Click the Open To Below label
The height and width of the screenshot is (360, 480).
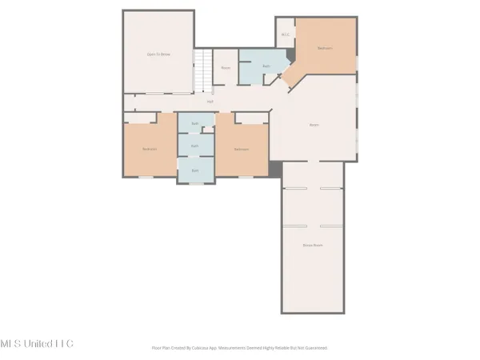tap(158, 54)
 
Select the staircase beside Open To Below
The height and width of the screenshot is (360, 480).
tap(204, 70)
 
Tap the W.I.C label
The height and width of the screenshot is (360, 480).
tap(285, 34)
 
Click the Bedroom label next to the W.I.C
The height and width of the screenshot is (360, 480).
tap(324, 48)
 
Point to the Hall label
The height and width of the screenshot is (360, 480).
tap(210, 102)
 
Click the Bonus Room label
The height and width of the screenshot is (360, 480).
tap(313, 245)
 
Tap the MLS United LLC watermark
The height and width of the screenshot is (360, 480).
tap(37, 343)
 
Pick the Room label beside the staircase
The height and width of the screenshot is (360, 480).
tap(226, 68)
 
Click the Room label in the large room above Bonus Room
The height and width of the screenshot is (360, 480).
tap(314, 124)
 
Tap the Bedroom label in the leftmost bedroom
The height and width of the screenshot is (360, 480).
tap(149, 150)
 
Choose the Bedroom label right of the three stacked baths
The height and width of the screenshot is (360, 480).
tap(241, 150)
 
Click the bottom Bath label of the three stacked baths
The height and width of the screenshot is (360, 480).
tap(194, 170)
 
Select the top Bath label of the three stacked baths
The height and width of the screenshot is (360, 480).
tap(194, 123)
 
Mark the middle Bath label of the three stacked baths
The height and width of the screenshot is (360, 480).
tap(194, 146)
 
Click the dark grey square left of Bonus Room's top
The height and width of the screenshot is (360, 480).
tap(275, 170)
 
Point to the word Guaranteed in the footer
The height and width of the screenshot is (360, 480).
tap(314, 348)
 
